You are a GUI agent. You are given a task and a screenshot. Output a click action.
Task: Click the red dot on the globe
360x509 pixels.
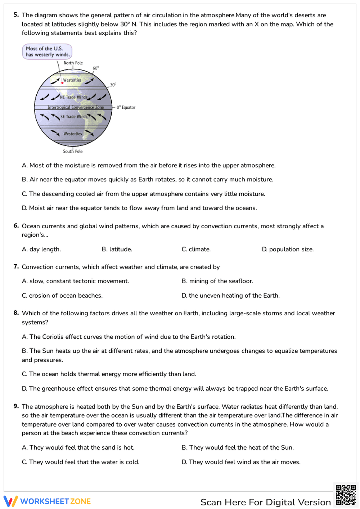pos(62,83)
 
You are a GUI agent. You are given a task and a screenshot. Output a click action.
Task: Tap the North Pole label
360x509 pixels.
pos(73,63)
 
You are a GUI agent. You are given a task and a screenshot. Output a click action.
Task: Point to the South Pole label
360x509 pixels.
pos(73,152)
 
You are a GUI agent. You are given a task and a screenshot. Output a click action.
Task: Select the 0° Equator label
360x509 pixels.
pos(126,107)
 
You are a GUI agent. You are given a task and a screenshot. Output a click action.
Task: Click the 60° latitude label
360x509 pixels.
pos(96,68)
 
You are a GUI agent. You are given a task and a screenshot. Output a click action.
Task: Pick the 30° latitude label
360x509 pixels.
pos(113,85)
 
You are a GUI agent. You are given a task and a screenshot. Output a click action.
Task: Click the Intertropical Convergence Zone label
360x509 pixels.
pos(76,107)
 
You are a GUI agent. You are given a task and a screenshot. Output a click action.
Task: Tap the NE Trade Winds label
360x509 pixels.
pos(74,97)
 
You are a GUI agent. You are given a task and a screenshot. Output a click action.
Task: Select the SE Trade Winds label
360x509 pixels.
pos(74,117)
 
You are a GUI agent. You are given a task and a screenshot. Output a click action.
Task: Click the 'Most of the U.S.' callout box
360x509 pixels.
pos(47,51)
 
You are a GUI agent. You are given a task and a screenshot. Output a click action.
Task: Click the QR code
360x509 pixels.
pos(346,495)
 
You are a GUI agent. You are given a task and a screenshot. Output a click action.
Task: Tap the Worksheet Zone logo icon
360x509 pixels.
pos(10,501)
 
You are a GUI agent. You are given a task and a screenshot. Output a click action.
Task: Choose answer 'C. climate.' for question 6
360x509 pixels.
pos(196,249)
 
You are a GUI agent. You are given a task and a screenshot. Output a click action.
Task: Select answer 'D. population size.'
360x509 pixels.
pos(288,249)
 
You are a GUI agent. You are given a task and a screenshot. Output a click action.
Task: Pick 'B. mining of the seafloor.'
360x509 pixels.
pos(217,281)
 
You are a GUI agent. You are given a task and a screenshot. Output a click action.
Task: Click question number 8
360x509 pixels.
pos(16,313)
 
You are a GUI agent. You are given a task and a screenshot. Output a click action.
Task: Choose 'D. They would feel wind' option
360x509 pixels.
pos(241,462)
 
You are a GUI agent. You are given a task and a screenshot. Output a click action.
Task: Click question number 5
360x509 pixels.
pos(16,15)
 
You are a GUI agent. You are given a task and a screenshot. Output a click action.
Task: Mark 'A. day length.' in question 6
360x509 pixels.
pos(41,249)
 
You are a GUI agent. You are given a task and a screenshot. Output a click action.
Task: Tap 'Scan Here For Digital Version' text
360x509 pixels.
pos(265,502)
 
